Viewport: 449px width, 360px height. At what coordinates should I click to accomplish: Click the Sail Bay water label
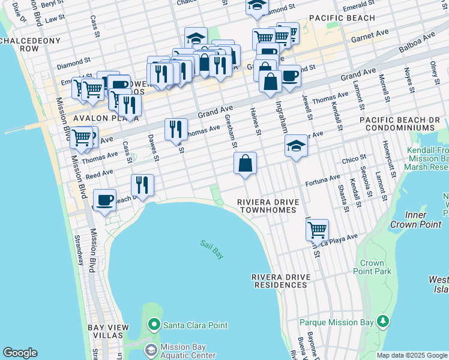[212, 248]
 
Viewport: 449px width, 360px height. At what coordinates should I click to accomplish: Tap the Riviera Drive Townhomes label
[267, 206]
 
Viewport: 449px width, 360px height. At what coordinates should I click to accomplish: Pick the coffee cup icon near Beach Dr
[105, 199]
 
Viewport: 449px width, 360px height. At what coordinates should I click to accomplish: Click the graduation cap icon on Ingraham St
[295, 146]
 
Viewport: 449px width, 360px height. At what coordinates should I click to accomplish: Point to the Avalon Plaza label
[98, 119]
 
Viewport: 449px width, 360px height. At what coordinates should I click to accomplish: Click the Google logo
[20, 353]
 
